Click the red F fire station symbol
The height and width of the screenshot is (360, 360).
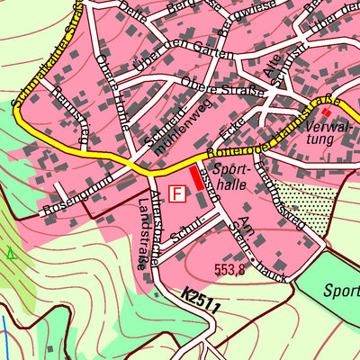click(178, 193)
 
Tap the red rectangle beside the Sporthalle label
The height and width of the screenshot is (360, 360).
click(195, 177)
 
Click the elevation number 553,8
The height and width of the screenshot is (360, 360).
click(229, 268)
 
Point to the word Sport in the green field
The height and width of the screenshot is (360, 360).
click(341, 291)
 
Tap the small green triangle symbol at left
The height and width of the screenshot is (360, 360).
click(11, 255)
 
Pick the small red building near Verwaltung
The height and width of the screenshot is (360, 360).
click(325, 112)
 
